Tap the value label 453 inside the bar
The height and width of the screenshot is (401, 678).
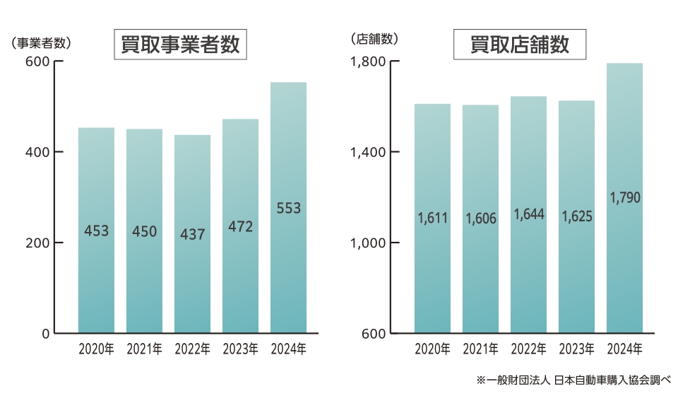click(96, 231)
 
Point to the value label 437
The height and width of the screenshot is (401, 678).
click(192, 233)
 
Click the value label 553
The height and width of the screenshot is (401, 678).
click(288, 208)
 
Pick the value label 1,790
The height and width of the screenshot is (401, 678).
click(624, 197)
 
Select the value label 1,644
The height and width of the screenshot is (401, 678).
click(528, 213)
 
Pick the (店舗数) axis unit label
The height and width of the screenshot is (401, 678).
click(374, 40)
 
